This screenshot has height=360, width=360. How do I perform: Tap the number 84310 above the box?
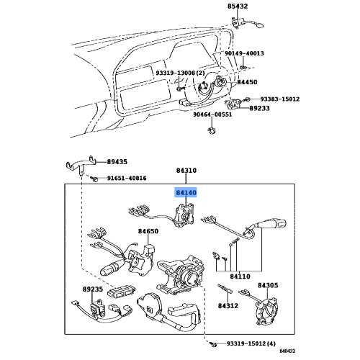[x=186, y=171]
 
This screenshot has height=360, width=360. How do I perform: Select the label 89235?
[x=92, y=288]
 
